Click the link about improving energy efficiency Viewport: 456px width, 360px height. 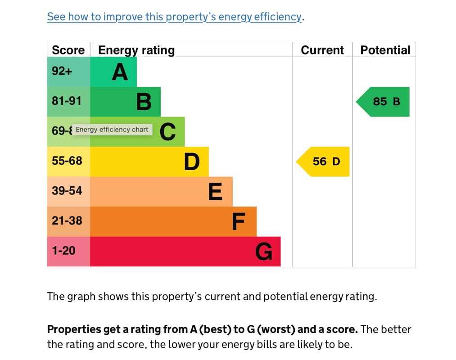(x=174, y=17)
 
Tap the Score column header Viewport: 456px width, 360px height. (x=68, y=50)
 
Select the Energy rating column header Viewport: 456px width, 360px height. (x=136, y=50)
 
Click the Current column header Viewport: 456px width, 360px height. (x=322, y=50)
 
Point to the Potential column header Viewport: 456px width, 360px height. (x=385, y=50)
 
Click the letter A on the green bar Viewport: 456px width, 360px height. (x=120, y=72)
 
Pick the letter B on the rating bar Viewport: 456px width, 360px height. (x=144, y=102)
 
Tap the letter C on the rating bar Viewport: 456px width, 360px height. (x=168, y=132)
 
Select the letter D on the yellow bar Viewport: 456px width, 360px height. (x=192, y=162)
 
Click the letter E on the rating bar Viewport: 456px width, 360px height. (x=215, y=192)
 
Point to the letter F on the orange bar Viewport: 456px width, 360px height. (x=238, y=221)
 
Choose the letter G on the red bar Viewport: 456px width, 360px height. (x=264, y=252)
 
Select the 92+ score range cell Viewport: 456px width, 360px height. (x=63, y=71)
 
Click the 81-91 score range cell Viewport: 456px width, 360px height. (x=67, y=101)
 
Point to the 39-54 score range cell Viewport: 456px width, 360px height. (x=67, y=191)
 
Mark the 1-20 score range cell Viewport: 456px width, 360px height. (x=64, y=251)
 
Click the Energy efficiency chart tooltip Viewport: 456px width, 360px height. (x=112, y=130)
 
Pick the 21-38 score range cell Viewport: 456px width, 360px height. (x=67, y=220)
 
